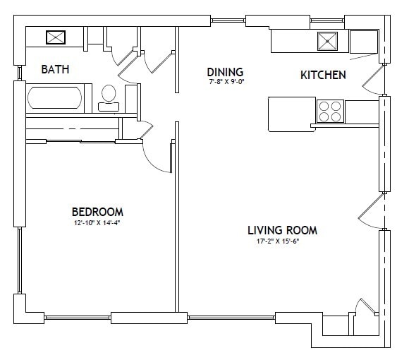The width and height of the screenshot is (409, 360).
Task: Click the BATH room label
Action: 55,69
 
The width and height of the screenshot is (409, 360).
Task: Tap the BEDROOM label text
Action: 97,212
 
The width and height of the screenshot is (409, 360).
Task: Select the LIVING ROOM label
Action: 282,230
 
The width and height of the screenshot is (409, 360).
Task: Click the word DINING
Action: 225,72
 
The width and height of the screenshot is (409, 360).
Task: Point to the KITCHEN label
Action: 323,75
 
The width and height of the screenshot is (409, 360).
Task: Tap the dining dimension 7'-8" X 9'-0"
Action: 225,83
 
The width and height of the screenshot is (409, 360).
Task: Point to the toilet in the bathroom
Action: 109,97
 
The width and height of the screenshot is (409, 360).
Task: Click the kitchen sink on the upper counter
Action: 327,41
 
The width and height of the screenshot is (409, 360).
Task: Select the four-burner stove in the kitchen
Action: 329,112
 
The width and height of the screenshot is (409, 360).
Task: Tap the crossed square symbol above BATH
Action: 56,37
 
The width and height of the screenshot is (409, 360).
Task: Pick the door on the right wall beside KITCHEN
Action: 372,79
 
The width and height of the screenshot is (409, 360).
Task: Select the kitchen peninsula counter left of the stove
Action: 291,114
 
